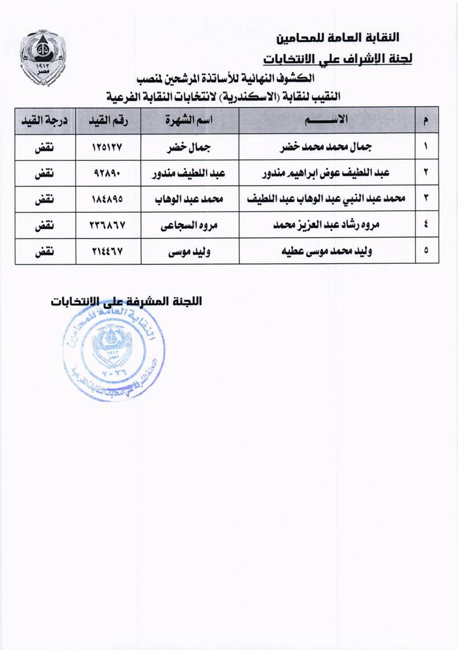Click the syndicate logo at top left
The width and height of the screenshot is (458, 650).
(42, 58)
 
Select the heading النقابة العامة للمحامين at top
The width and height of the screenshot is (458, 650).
(338, 37)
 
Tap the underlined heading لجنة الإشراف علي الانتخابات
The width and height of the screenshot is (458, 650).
(337, 59)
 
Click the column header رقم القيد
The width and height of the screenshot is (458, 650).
(108, 120)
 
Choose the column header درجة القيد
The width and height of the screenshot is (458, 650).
(45, 120)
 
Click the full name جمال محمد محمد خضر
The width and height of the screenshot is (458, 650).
(326, 147)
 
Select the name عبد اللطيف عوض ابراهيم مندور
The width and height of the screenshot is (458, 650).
(326, 173)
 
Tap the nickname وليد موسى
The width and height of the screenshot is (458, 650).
(189, 252)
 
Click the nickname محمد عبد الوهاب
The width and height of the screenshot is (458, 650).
(189, 199)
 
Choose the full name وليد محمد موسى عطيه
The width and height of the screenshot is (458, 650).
(326, 252)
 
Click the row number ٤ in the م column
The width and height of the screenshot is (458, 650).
(426, 225)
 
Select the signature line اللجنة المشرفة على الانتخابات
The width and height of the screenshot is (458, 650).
(126, 301)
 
